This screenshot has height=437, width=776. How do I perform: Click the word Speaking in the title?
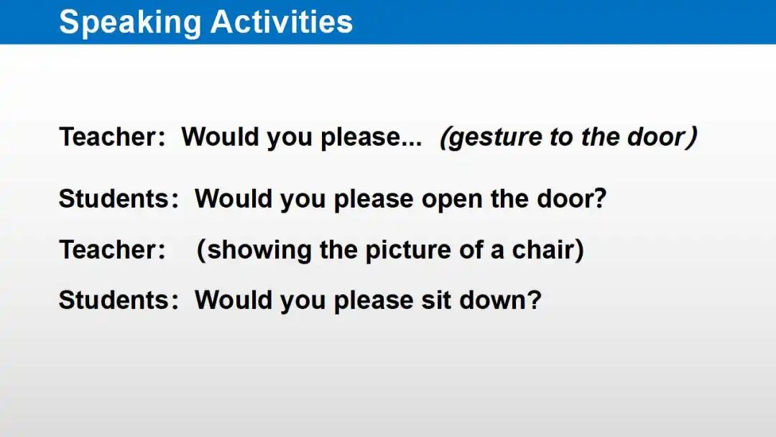click(x=129, y=23)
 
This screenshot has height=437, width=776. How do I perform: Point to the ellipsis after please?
click(x=412, y=144)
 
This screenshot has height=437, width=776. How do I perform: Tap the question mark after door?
click(x=600, y=198)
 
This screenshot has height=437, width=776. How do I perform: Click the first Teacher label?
click(x=112, y=137)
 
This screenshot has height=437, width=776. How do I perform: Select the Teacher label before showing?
click(x=112, y=249)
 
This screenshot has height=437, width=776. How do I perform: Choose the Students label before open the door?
click(x=119, y=198)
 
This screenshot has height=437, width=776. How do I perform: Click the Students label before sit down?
click(x=119, y=300)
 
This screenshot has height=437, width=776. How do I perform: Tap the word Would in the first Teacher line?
click(x=220, y=137)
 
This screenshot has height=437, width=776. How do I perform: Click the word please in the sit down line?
click(x=374, y=301)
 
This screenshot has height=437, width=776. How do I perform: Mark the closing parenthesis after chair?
click(x=579, y=250)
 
